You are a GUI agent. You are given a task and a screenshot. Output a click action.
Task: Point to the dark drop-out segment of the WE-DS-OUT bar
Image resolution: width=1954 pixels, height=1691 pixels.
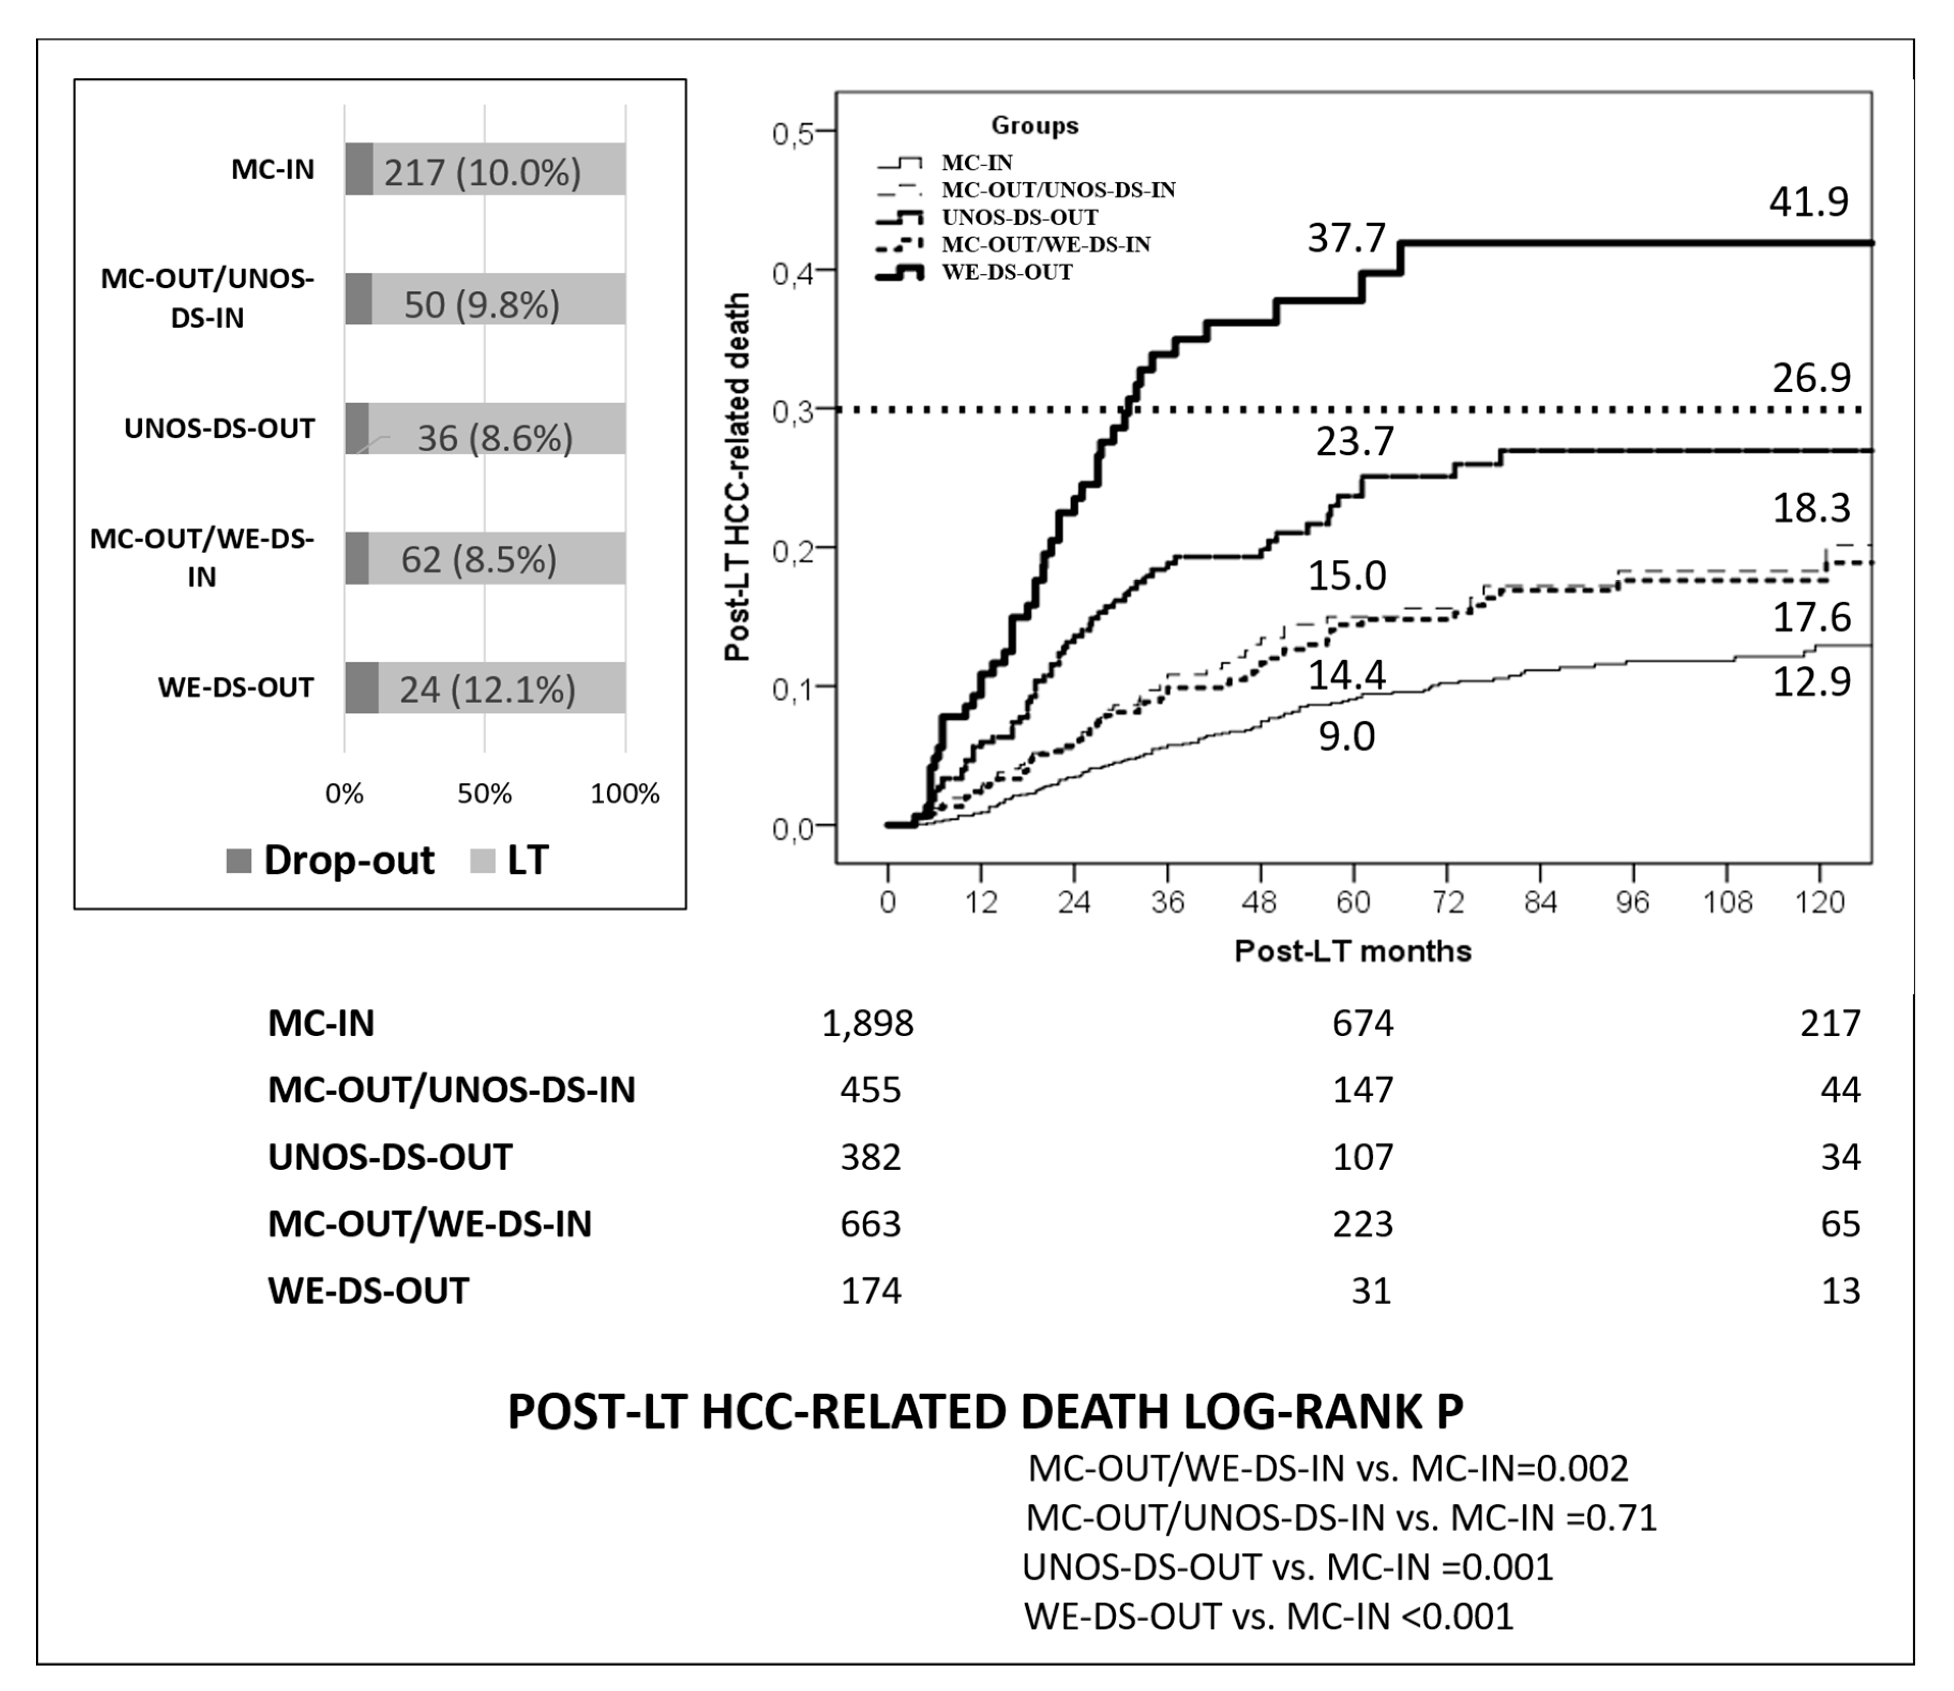pos(361,688)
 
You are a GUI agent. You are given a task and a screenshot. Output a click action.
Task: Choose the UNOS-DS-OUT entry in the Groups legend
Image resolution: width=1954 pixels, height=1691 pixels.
pos(1019,217)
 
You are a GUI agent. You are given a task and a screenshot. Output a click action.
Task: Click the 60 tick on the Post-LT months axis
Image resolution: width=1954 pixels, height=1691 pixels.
pos(1353,902)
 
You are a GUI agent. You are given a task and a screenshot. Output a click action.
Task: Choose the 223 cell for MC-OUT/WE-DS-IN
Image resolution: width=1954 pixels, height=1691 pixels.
pos(1363,1224)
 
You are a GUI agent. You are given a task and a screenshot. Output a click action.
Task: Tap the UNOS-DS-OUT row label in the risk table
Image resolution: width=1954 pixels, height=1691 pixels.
pos(389,1157)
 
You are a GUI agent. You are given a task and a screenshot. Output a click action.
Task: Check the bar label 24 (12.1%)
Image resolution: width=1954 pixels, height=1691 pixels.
pos(487,690)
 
